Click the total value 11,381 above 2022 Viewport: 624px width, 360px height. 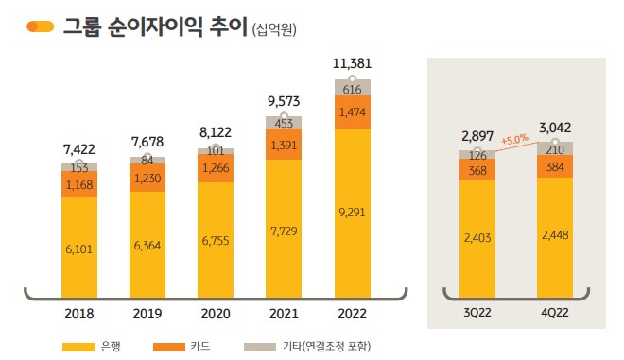tap(352, 64)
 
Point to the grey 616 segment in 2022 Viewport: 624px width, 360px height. tap(352, 89)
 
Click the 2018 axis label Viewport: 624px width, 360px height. tap(79, 314)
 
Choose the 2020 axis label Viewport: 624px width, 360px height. tap(216, 314)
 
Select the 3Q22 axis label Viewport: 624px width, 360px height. tap(477, 314)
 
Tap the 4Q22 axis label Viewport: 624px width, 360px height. tap(556, 314)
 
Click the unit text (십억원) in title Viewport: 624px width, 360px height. tap(275, 30)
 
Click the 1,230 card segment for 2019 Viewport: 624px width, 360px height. tap(147, 177)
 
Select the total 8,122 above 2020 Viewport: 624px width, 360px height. tap(216, 134)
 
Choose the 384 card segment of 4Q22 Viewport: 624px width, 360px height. tap(556, 166)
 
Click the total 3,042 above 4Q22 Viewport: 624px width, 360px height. tap(556, 129)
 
